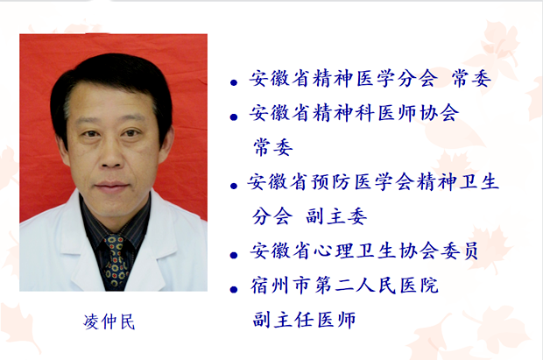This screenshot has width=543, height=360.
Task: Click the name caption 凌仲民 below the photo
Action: click(x=109, y=321)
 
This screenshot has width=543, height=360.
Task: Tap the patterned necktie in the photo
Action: click(x=116, y=262)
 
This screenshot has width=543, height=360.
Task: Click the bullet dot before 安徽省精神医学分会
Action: click(x=234, y=82)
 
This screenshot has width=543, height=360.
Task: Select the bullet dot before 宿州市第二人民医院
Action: click(x=234, y=289)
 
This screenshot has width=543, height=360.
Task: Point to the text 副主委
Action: click(x=336, y=216)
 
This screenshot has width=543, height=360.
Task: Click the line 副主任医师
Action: click(x=304, y=319)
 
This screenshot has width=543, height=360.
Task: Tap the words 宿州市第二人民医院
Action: click(x=344, y=286)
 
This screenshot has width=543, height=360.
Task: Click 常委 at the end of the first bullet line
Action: click(x=472, y=78)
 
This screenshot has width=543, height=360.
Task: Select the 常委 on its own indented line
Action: click(x=273, y=147)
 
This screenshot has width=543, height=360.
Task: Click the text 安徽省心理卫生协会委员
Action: click(x=364, y=251)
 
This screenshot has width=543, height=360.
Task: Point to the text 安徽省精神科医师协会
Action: click(x=355, y=113)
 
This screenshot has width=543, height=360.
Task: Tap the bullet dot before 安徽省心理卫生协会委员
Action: click(x=234, y=256)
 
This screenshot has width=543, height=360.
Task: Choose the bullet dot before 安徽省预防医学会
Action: click(x=234, y=186)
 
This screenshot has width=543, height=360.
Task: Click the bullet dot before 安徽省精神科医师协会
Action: click(x=234, y=117)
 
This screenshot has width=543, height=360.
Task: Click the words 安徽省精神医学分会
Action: click(x=343, y=78)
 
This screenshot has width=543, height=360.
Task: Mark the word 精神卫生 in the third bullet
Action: click(x=458, y=181)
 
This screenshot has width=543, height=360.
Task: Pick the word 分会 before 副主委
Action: click(x=272, y=216)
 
